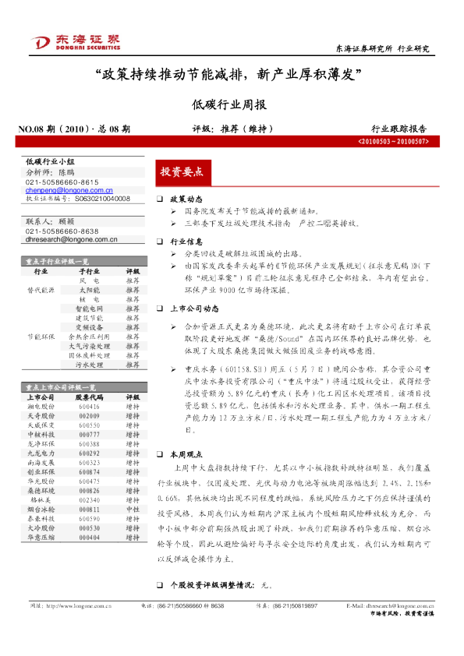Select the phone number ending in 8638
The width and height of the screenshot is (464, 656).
coord(62,231)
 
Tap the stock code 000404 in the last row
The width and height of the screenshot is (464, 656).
coord(89,538)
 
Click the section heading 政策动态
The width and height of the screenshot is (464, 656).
coord(186,200)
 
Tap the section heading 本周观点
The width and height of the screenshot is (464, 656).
coord(186,453)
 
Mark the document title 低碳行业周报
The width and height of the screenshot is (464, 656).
coord(231,104)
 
